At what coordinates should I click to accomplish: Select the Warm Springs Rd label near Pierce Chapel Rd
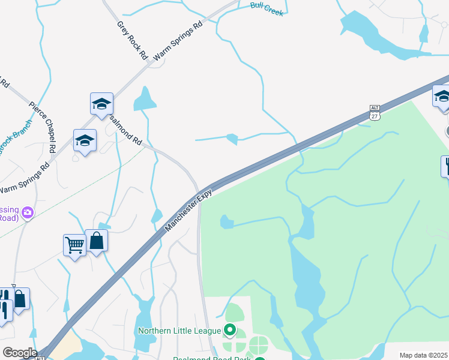(x=24, y=177)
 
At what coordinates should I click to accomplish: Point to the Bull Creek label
(x=267, y=9)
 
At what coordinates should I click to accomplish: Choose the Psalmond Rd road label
(x=126, y=131)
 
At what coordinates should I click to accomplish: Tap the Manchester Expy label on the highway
(x=184, y=211)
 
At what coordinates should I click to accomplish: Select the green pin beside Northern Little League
(x=229, y=329)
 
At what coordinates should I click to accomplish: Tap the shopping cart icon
(x=74, y=244)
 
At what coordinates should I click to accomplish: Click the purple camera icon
(x=28, y=212)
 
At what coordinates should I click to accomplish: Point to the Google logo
(x=20, y=353)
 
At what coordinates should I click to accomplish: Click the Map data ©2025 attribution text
(x=424, y=355)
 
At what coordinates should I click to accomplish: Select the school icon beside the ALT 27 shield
(x=442, y=96)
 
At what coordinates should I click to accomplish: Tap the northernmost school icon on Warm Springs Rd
(x=101, y=104)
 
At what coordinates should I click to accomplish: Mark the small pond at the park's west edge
(x=226, y=222)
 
